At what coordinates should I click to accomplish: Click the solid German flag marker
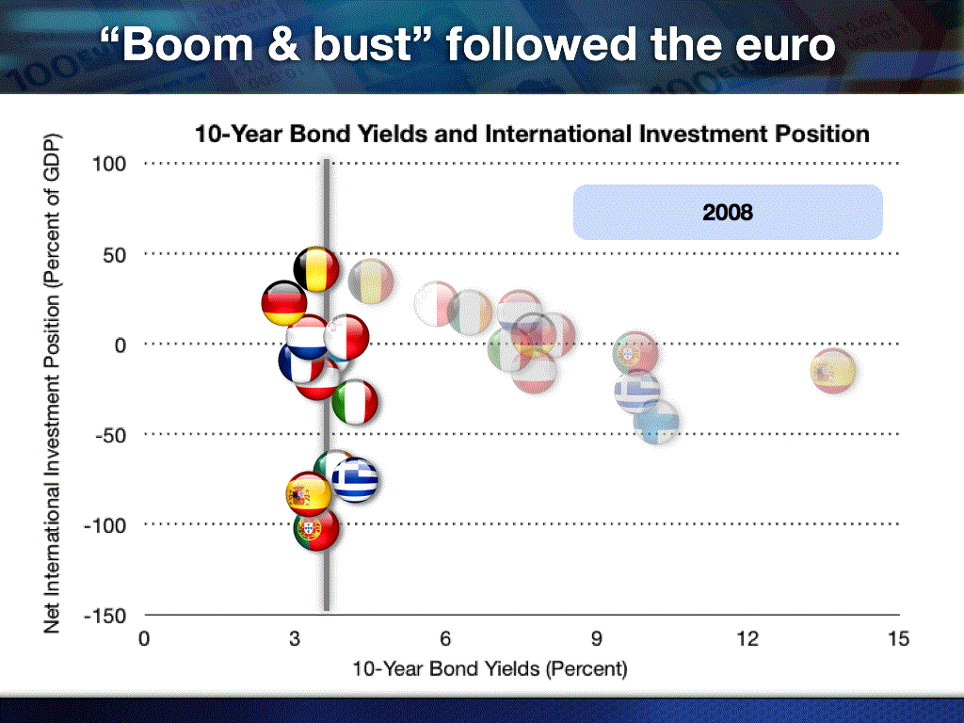click(x=284, y=303)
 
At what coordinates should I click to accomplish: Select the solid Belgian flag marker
click(x=316, y=269)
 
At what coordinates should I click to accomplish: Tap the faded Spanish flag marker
click(x=833, y=371)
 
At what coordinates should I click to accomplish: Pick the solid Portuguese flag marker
click(x=316, y=528)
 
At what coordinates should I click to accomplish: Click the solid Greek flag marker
click(x=355, y=480)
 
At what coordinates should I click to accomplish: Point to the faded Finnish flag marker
click(x=656, y=423)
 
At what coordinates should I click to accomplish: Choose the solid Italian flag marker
click(x=355, y=402)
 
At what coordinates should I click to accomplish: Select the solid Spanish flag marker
click(x=309, y=494)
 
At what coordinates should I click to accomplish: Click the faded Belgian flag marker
click(x=371, y=281)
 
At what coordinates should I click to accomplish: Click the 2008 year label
click(x=728, y=212)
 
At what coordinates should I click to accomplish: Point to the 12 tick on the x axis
click(x=747, y=639)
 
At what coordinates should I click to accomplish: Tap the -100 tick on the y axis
click(x=104, y=525)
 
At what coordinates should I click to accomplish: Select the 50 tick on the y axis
click(x=114, y=255)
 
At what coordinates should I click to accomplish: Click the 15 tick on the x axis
click(x=898, y=639)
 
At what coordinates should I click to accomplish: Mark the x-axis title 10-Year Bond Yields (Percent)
click(x=490, y=669)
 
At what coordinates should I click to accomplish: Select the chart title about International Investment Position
click(x=533, y=134)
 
